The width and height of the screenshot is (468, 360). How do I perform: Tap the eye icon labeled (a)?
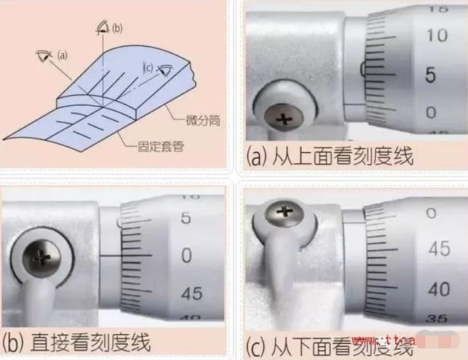(44, 55)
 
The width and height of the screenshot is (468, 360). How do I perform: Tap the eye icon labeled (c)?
(166, 67)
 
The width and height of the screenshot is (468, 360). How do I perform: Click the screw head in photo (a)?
(283, 118)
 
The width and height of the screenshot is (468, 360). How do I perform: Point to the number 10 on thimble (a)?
(436, 35)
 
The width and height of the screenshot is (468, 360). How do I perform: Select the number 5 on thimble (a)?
(430, 75)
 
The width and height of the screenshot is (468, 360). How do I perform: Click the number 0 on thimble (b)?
(186, 255)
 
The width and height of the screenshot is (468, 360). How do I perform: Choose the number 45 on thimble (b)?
(191, 294)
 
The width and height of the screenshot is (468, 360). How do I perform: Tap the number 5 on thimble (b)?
(186, 218)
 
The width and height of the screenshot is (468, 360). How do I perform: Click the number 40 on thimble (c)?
(439, 288)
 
